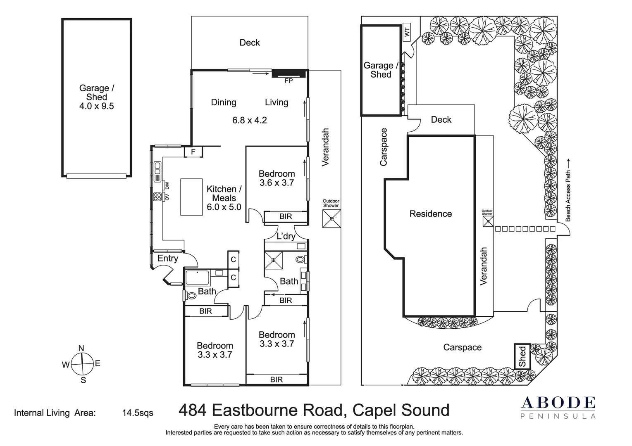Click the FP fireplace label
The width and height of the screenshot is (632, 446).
tap(289, 81)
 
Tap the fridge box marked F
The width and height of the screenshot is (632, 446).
tap(193, 152)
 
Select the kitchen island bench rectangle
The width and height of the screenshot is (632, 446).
tap(191, 197)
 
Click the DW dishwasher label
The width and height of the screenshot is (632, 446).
tap(167, 185)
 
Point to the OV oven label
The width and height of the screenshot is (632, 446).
tap(167, 197)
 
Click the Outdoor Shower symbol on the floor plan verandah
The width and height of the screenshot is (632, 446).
tap(332, 218)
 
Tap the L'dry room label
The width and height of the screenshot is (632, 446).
tap(286, 236)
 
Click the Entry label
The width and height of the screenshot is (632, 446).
tap(167, 258)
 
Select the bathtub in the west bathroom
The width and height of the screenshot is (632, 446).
tap(198, 278)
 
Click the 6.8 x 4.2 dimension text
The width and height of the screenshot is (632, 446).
tap(249, 121)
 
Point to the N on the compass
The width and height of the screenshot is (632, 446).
tap(81, 349)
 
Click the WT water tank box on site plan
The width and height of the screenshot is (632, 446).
tap(407, 32)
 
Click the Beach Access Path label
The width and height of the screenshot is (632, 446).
tap(568, 196)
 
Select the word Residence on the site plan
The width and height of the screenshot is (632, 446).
tap(431, 214)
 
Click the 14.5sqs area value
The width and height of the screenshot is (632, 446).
tap(138, 413)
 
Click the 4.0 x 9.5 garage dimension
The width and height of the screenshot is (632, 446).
tap(96, 106)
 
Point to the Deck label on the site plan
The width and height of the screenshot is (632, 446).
tap(441, 119)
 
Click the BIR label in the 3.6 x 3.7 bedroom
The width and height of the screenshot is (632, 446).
tap(286, 216)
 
